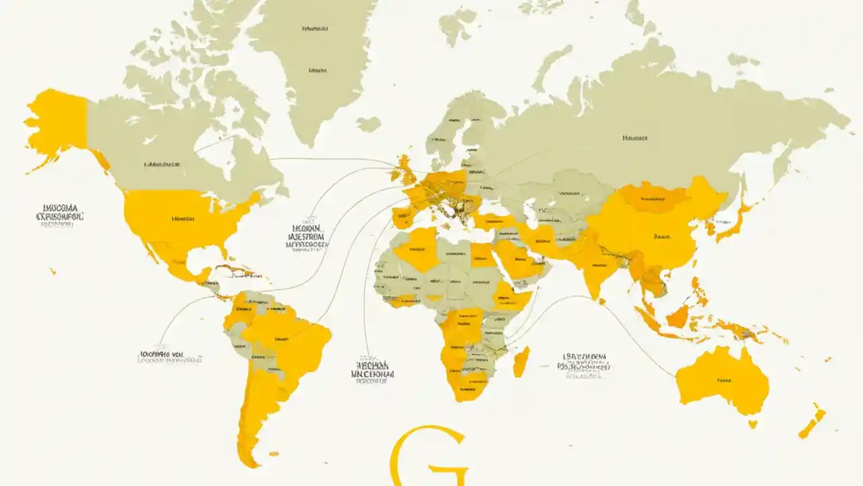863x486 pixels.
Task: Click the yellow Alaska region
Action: [x=57, y=122]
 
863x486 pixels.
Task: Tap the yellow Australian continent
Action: [x=725, y=381]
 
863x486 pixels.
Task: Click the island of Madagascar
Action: [x=520, y=362]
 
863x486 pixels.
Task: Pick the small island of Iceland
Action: [x=369, y=124]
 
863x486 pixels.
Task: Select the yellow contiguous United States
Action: [x=185, y=219]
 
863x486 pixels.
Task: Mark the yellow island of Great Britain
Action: [x=405, y=169]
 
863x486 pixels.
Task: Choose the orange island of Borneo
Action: [x=678, y=316]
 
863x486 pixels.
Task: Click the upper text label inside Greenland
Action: [x=315, y=29]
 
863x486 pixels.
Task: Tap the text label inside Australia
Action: [x=725, y=380]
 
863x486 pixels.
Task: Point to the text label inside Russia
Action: [x=634, y=137]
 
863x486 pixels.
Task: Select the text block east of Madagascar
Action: [x=583, y=364]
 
